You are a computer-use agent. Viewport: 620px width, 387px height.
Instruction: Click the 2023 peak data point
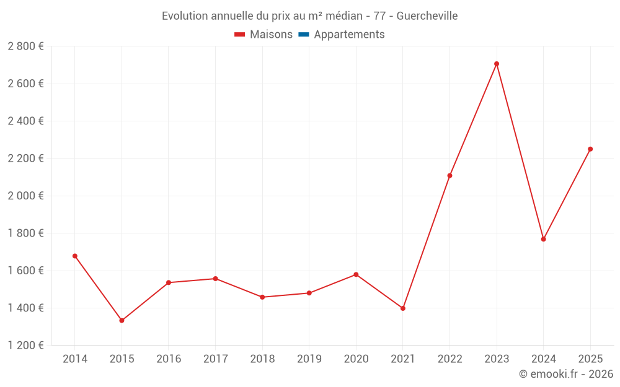point(497,64)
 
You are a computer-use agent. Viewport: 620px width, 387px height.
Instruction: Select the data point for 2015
point(122,321)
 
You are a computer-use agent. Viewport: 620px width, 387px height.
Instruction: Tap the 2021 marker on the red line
point(403,308)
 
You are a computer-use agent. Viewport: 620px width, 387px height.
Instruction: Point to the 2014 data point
point(75,256)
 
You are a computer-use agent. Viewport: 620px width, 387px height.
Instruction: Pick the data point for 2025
point(590,149)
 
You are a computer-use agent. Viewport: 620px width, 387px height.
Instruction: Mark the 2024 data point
point(544,239)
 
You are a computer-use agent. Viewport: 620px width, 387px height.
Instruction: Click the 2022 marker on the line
point(449,176)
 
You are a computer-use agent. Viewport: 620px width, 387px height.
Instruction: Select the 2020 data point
point(356,274)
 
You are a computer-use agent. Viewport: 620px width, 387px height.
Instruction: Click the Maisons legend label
point(272,34)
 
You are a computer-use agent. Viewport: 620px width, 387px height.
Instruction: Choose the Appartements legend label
point(349,34)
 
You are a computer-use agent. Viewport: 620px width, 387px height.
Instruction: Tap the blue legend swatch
point(304,35)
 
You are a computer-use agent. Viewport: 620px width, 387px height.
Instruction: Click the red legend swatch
point(239,35)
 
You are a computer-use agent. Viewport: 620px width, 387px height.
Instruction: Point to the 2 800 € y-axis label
point(25,46)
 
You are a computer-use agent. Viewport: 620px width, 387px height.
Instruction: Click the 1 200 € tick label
point(25,345)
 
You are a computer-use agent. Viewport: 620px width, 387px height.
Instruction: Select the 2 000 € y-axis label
point(25,196)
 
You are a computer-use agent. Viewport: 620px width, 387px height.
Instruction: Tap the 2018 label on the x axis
point(262,359)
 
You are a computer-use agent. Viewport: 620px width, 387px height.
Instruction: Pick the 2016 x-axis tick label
point(169,359)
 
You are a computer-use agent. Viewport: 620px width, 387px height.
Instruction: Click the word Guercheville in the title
point(427,16)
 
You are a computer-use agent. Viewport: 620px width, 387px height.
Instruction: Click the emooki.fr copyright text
point(566,373)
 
